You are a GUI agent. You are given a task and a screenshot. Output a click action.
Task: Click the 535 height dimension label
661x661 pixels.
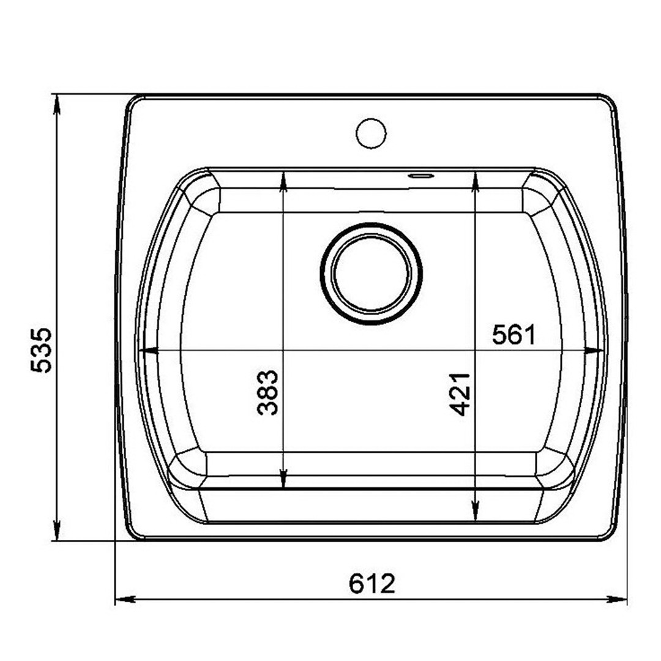tap(42, 350)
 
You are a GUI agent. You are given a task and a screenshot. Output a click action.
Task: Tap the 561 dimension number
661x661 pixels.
tap(513, 335)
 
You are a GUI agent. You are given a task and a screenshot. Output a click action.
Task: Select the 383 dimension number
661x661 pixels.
tap(267, 392)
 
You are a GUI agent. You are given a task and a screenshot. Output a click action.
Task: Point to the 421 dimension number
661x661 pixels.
tap(460, 394)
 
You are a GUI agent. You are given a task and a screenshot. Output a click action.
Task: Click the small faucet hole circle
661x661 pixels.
tap(371, 133)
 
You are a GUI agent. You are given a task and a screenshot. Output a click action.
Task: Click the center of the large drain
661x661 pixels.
tap(371, 273)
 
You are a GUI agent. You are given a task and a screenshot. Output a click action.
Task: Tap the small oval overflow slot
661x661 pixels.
tap(420, 176)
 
